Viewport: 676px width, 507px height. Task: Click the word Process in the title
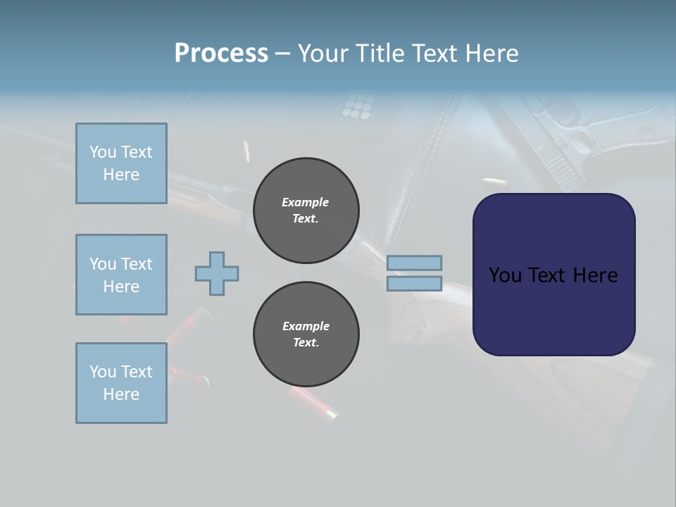[221, 54]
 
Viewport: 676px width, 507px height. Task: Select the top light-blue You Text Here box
[121, 163]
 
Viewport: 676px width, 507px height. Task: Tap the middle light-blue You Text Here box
[121, 275]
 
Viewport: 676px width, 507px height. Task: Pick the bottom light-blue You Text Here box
[121, 383]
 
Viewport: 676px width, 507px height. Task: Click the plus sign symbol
[217, 273]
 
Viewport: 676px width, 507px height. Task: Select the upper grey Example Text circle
[306, 211]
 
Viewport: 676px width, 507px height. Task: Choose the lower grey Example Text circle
[306, 334]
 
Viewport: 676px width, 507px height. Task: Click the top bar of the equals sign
[414, 263]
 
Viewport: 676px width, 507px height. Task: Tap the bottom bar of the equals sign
[414, 283]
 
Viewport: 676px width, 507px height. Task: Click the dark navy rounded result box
[553, 310]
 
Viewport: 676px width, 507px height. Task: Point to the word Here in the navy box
[594, 275]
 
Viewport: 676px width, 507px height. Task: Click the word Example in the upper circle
[306, 202]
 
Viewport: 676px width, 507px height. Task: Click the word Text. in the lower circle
[306, 343]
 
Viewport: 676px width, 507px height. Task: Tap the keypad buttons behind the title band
[357, 106]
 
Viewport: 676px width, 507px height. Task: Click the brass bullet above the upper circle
[246, 151]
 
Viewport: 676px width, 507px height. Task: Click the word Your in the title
[322, 54]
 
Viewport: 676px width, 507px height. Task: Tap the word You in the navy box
[505, 275]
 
